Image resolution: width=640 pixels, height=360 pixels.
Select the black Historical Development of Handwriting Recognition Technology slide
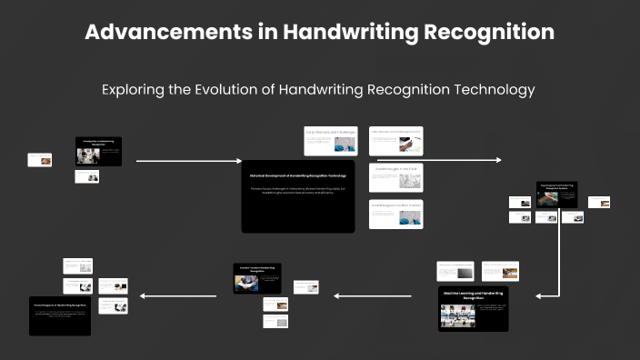298,195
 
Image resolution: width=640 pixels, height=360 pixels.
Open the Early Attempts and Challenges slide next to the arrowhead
330,140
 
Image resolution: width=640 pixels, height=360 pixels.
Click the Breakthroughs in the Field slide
395,178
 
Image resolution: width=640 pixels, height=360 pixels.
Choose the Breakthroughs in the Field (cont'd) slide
395,215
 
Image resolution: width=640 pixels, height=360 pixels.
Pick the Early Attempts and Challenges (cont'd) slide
395,140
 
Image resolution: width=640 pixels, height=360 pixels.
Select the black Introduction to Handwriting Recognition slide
98,151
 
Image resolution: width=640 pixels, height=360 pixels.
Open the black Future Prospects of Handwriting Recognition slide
60,315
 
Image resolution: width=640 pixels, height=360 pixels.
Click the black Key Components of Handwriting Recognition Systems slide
556,194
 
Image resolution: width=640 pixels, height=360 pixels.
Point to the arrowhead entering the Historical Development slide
239,161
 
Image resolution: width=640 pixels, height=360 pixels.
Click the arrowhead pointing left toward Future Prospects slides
135,295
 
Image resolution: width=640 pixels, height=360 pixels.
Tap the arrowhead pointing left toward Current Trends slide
337,295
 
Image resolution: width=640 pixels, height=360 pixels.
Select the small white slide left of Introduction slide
40,160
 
